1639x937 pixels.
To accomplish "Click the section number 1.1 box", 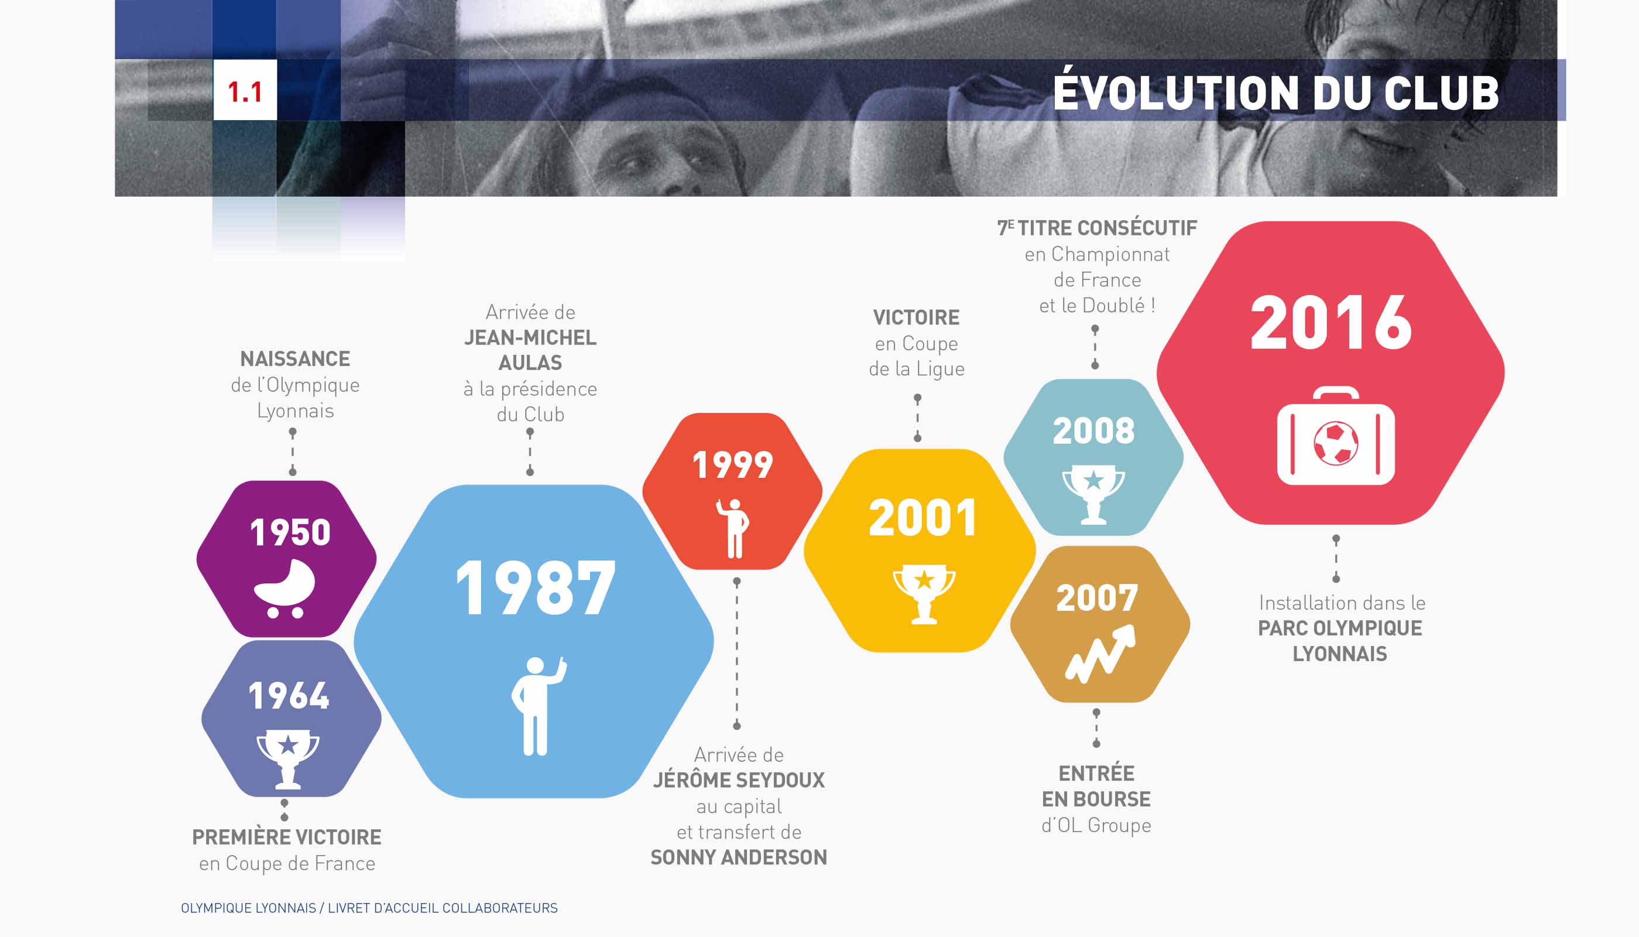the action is coord(245,90).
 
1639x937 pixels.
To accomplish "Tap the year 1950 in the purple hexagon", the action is coord(290,533).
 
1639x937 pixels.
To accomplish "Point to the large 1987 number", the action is coord(535,587).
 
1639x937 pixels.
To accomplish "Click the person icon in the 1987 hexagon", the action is coord(539,705).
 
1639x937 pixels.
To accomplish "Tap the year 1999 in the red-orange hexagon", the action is coord(733,466).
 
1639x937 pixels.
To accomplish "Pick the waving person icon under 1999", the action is coord(733,528).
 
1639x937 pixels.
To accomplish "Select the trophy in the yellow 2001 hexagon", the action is coord(924,594).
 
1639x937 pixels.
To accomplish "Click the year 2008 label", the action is coord(1093,430).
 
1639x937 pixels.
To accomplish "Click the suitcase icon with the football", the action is coord(1336,436).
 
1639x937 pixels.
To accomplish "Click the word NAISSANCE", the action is coord(295,358).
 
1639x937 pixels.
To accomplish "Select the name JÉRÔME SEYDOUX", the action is coord(739,780).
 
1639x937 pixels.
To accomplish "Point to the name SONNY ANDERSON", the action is coord(739,857).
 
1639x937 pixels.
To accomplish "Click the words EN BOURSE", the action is coord(1096,799).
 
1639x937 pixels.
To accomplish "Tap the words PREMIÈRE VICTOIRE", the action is coord(287,837).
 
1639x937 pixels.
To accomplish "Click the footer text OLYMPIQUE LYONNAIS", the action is coord(248,908).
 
